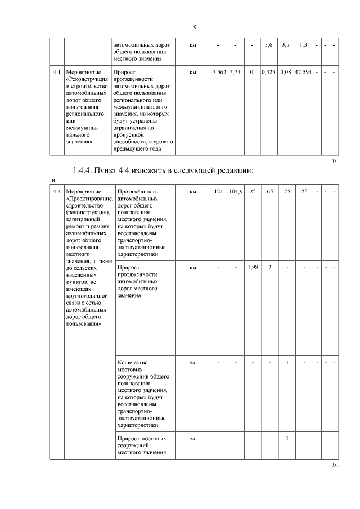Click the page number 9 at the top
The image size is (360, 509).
tap(195, 27)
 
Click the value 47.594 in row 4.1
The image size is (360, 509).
tap(303, 73)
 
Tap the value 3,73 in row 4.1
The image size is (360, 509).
tap(235, 73)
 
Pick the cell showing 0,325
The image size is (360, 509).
tap(269, 73)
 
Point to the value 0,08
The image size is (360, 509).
tap(286, 73)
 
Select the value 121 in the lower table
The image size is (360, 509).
tap(218, 192)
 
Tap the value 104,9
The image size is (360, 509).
tap(235, 192)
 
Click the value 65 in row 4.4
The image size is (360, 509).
tap(269, 192)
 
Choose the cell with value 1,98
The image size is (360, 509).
tap(253, 267)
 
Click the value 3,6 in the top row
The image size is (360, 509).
tap(269, 44)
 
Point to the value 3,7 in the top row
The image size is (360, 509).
tap(286, 44)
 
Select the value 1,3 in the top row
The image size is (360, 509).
tap(303, 44)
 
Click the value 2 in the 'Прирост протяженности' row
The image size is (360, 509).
tap(269, 267)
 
